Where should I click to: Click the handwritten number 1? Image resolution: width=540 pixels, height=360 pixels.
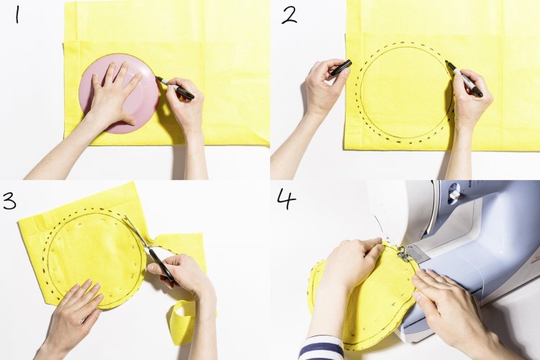[17, 16]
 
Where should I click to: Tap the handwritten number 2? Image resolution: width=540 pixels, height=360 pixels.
[289, 16]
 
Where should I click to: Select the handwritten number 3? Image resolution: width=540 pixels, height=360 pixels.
[9, 201]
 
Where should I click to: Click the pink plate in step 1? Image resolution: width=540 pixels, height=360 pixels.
[119, 94]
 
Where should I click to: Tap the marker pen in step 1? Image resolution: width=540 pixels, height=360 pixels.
[175, 88]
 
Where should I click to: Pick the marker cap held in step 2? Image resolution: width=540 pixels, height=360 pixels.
[341, 67]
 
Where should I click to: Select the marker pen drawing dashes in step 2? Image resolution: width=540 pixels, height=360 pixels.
[464, 78]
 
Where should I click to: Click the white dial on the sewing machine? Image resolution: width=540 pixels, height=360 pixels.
[454, 192]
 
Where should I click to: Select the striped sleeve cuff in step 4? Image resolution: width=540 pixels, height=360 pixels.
[321, 348]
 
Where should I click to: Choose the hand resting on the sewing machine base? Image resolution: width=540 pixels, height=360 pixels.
[454, 303]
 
